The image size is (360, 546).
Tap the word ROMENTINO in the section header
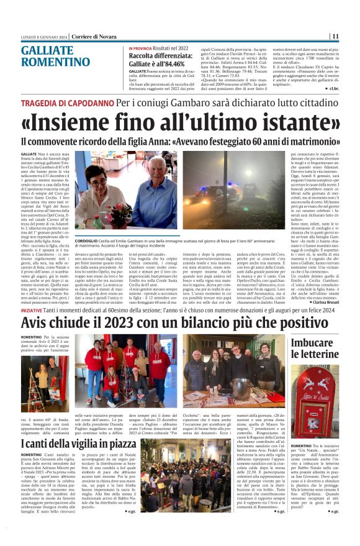56,62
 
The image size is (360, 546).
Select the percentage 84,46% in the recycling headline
171,63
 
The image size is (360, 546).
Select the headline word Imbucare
316,341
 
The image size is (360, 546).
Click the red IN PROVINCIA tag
140,48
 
